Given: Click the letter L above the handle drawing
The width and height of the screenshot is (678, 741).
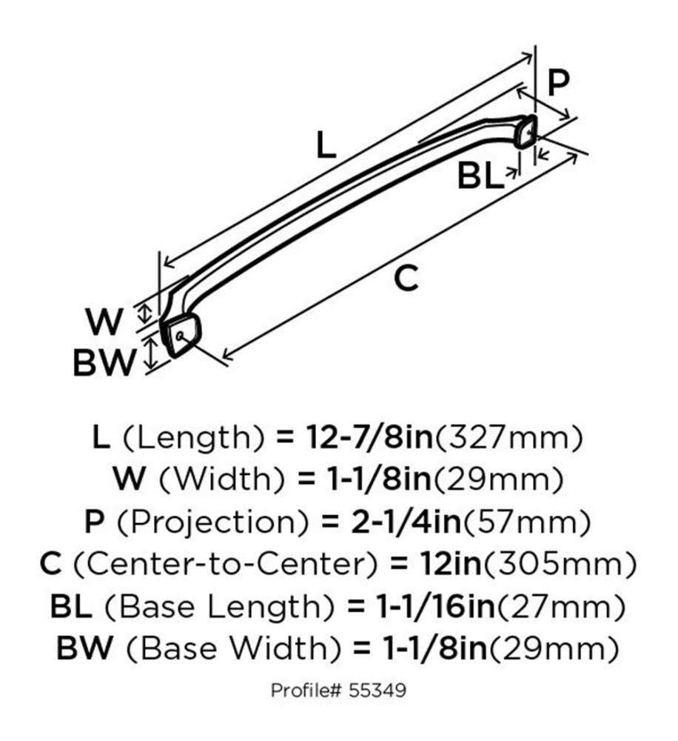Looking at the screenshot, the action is point(326,145).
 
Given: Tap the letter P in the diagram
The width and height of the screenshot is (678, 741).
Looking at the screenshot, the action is point(558,83).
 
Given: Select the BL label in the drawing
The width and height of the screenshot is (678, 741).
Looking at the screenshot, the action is point(478,176).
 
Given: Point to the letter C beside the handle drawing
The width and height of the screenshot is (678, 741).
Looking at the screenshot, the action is point(406,278).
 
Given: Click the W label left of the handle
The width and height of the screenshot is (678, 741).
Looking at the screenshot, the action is point(104,322).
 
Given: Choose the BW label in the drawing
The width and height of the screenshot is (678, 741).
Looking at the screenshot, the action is point(104,362).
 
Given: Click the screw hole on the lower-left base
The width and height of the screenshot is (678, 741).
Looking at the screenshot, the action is point(179,336).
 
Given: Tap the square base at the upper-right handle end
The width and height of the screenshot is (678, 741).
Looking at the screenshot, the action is point(526,131).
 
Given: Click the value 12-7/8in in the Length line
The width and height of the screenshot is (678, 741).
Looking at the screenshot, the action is point(369,437).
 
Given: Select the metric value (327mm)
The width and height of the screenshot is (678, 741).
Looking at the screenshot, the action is point(509,438).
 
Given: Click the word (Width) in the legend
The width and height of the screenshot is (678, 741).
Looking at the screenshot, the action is point(222,479).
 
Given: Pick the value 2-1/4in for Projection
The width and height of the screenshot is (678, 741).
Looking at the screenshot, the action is point(406,522).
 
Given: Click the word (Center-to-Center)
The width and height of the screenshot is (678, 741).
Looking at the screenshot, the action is point(226,565).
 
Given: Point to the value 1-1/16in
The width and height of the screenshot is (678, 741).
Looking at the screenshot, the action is point(436,607).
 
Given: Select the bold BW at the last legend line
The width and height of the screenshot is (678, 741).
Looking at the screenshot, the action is point(85,648).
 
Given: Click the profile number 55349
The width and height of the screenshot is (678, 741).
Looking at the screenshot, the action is point(377,691).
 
